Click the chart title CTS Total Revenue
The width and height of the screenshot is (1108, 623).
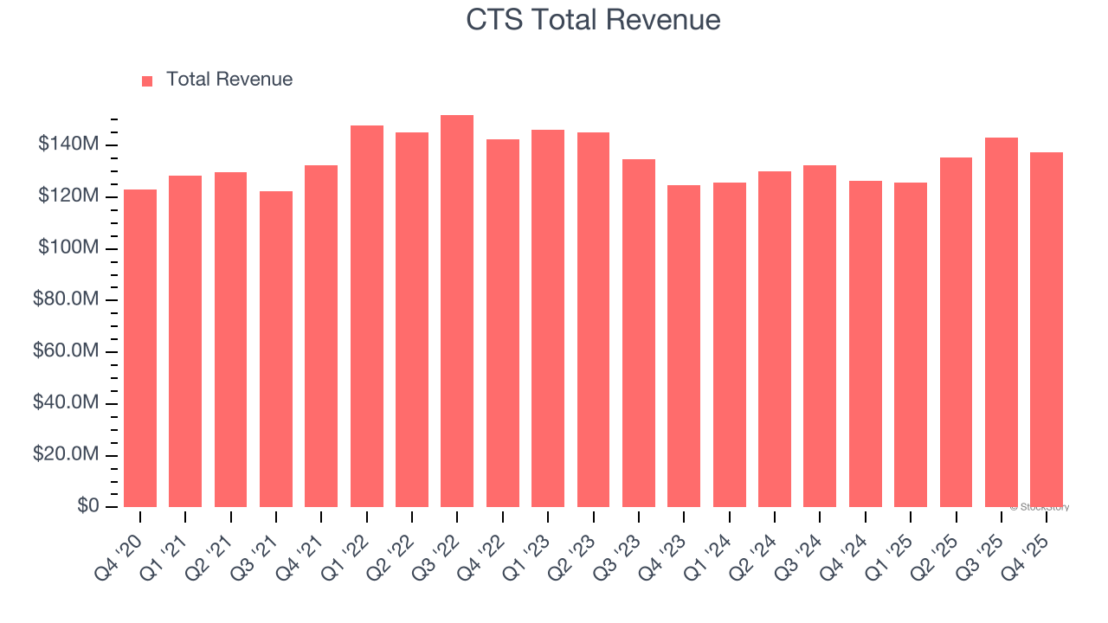pos(593,20)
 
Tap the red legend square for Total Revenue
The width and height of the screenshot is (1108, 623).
pos(147,80)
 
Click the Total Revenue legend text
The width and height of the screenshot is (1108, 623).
pos(229,80)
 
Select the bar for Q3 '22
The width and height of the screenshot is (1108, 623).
pos(457,311)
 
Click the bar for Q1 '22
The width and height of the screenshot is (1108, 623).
pos(366,317)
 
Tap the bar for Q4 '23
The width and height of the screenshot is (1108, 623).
pos(684,346)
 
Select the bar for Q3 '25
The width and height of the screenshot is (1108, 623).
pos(1002,322)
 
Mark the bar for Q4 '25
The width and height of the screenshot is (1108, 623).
pos(1047,330)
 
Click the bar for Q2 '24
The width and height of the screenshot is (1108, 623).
pos(775,339)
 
